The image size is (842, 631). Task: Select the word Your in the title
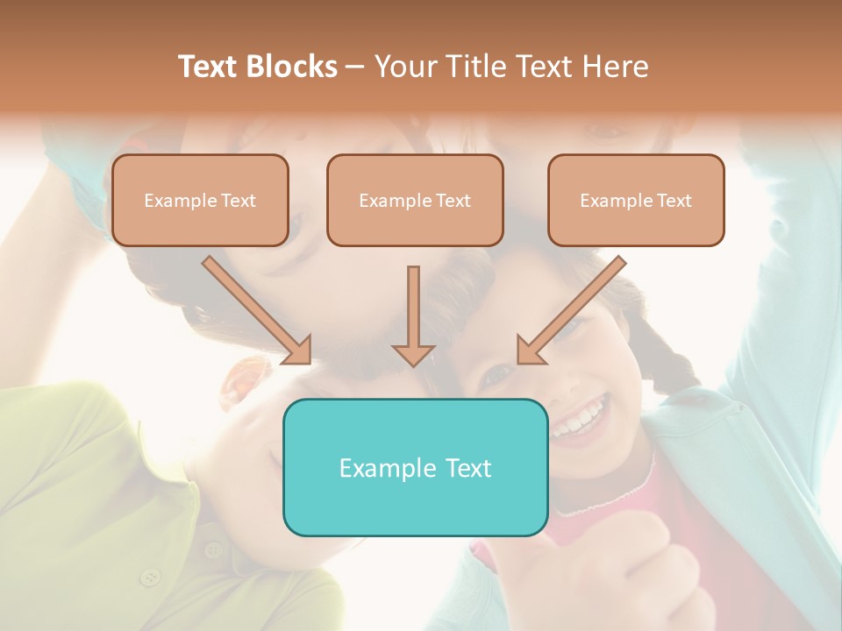pos(403,67)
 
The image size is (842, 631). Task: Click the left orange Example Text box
pos(200,200)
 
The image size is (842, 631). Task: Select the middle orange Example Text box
pos(415,200)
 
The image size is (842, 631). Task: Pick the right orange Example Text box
pos(636,200)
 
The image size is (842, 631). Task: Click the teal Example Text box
pos(415,467)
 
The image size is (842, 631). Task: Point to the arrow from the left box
pos(257,309)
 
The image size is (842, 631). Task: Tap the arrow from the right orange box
pos(571,309)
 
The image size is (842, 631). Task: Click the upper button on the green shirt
pos(212,549)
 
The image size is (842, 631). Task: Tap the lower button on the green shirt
pos(152,577)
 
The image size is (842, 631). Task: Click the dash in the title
pos(355,67)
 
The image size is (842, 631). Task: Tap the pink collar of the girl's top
pos(605,495)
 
